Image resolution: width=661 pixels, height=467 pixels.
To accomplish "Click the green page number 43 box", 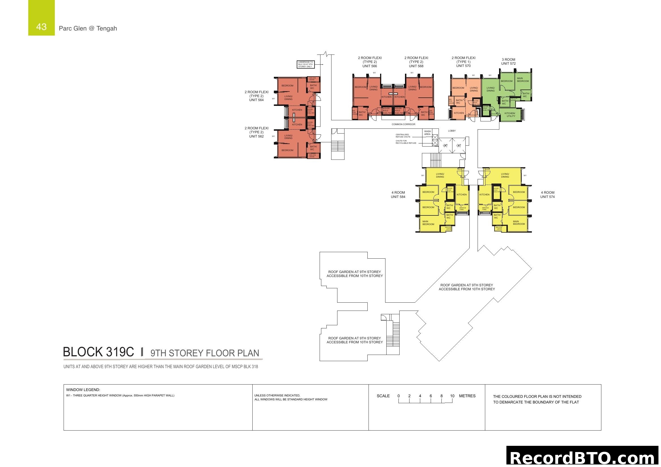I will coord(41,18).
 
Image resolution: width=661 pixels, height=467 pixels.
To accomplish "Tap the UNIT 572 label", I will coord(508,64).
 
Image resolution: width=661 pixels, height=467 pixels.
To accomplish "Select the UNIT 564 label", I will coord(256,100).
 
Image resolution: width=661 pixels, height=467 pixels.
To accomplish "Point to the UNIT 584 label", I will coord(398,197).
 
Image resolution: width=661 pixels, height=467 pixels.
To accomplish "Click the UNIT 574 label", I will coord(547,197).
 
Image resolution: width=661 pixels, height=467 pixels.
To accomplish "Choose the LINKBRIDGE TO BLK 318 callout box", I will coord(305,64).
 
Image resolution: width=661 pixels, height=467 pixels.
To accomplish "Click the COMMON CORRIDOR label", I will coord(403,124).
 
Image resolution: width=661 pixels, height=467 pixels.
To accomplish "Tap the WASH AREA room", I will coord(427,133).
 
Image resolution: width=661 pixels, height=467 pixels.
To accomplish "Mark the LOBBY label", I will coord(452,131).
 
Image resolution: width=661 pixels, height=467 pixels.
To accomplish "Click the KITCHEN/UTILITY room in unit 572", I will coord(510,114).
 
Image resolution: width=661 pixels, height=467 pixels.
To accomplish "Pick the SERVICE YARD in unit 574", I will coord(485,208).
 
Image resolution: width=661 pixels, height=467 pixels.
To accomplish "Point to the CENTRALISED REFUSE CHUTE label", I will coord(403,136).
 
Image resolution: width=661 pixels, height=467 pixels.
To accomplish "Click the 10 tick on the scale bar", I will coord(452,396).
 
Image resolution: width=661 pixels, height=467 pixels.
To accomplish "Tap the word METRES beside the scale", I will coord(467,396).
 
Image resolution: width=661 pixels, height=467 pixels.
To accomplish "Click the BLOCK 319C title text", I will coord(98,352).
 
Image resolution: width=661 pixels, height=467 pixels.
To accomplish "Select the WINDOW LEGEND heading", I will coord(83,390).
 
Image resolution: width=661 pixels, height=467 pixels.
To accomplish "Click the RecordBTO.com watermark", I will coord(583,457).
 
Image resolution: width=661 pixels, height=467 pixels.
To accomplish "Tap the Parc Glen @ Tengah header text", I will coord(88,28).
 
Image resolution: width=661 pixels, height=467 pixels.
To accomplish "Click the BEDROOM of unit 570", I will coord(458,88).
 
